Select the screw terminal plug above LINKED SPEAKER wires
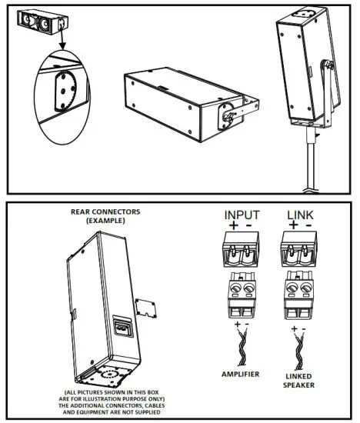299,298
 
